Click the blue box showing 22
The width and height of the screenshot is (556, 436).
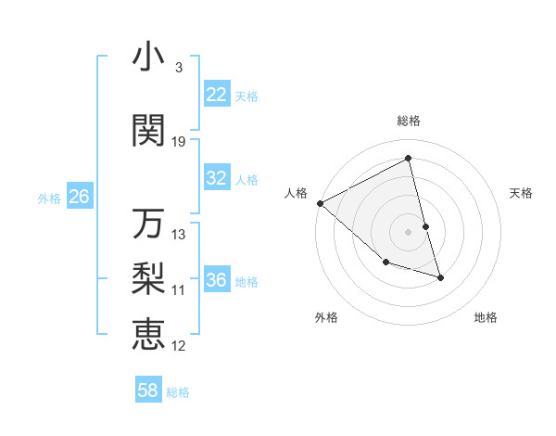tap(216, 95)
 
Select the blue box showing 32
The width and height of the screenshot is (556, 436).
tap(216, 178)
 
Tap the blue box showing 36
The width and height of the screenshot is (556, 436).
tap(216, 281)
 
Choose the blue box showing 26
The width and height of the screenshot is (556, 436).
tap(79, 197)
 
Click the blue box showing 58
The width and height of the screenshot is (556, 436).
tap(148, 391)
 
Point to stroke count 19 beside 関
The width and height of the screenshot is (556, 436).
tap(179, 142)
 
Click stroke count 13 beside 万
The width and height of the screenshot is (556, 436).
tap(179, 234)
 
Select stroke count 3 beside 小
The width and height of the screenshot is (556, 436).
tap(178, 68)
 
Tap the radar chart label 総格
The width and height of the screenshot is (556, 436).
tap(409, 121)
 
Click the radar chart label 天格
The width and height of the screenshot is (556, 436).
tap(521, 193)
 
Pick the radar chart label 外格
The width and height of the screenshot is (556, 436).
tap(326, 317)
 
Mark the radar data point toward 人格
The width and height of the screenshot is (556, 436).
tap(320, 203)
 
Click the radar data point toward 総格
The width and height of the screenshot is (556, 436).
tap(409, 159)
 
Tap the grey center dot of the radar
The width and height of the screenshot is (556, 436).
tap(409, 232)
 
